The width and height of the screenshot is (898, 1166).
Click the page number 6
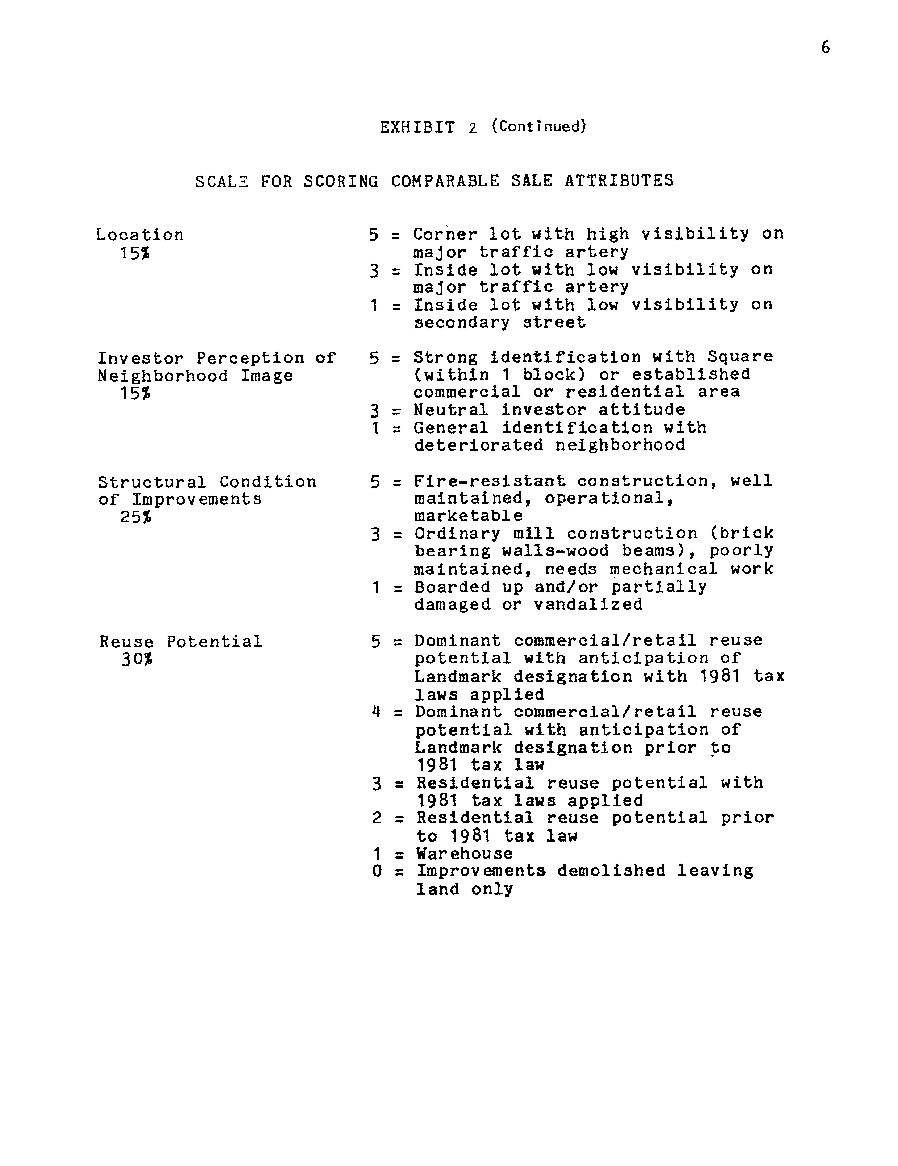(x=825, y=48)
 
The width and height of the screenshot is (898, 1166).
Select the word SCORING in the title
(x=341, y=181)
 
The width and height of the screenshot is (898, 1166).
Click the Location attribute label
(x=140, y=235)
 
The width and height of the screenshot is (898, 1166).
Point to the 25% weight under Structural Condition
(x=135, y=517)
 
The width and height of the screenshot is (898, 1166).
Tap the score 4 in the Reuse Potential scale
(x=376, y=712)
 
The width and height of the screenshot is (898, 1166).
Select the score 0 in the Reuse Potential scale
(x=377, y=871)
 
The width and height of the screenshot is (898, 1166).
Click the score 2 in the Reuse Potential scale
(x=377, y=818)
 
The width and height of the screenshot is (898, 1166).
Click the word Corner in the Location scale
(x=445, y=234)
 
